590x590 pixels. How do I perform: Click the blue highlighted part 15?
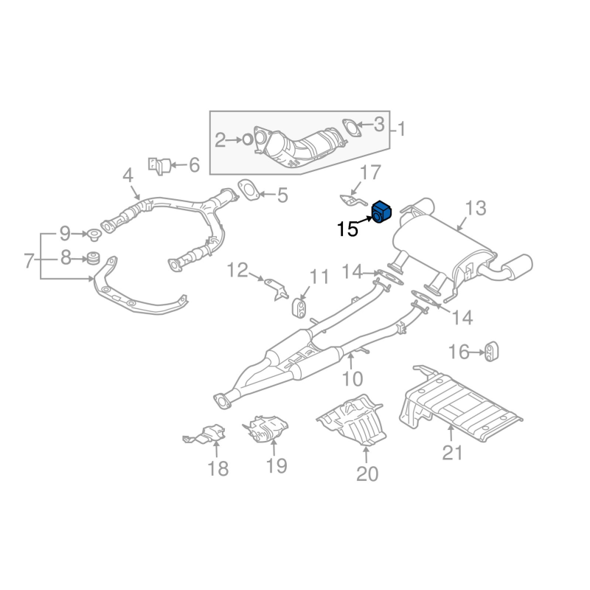pos(381,212)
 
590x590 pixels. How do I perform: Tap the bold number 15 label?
pos(347,229)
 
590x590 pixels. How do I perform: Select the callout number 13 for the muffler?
pos(476,208)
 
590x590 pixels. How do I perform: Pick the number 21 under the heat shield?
pos(451,451)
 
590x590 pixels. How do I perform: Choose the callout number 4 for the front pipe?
pos(127,176)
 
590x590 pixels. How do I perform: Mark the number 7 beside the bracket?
pos(29,260)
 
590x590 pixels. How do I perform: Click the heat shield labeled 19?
pos(266,431)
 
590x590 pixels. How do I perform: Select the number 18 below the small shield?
pos(218,468)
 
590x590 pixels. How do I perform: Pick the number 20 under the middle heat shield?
pos(367,473)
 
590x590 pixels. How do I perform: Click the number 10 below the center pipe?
pos(353,379)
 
